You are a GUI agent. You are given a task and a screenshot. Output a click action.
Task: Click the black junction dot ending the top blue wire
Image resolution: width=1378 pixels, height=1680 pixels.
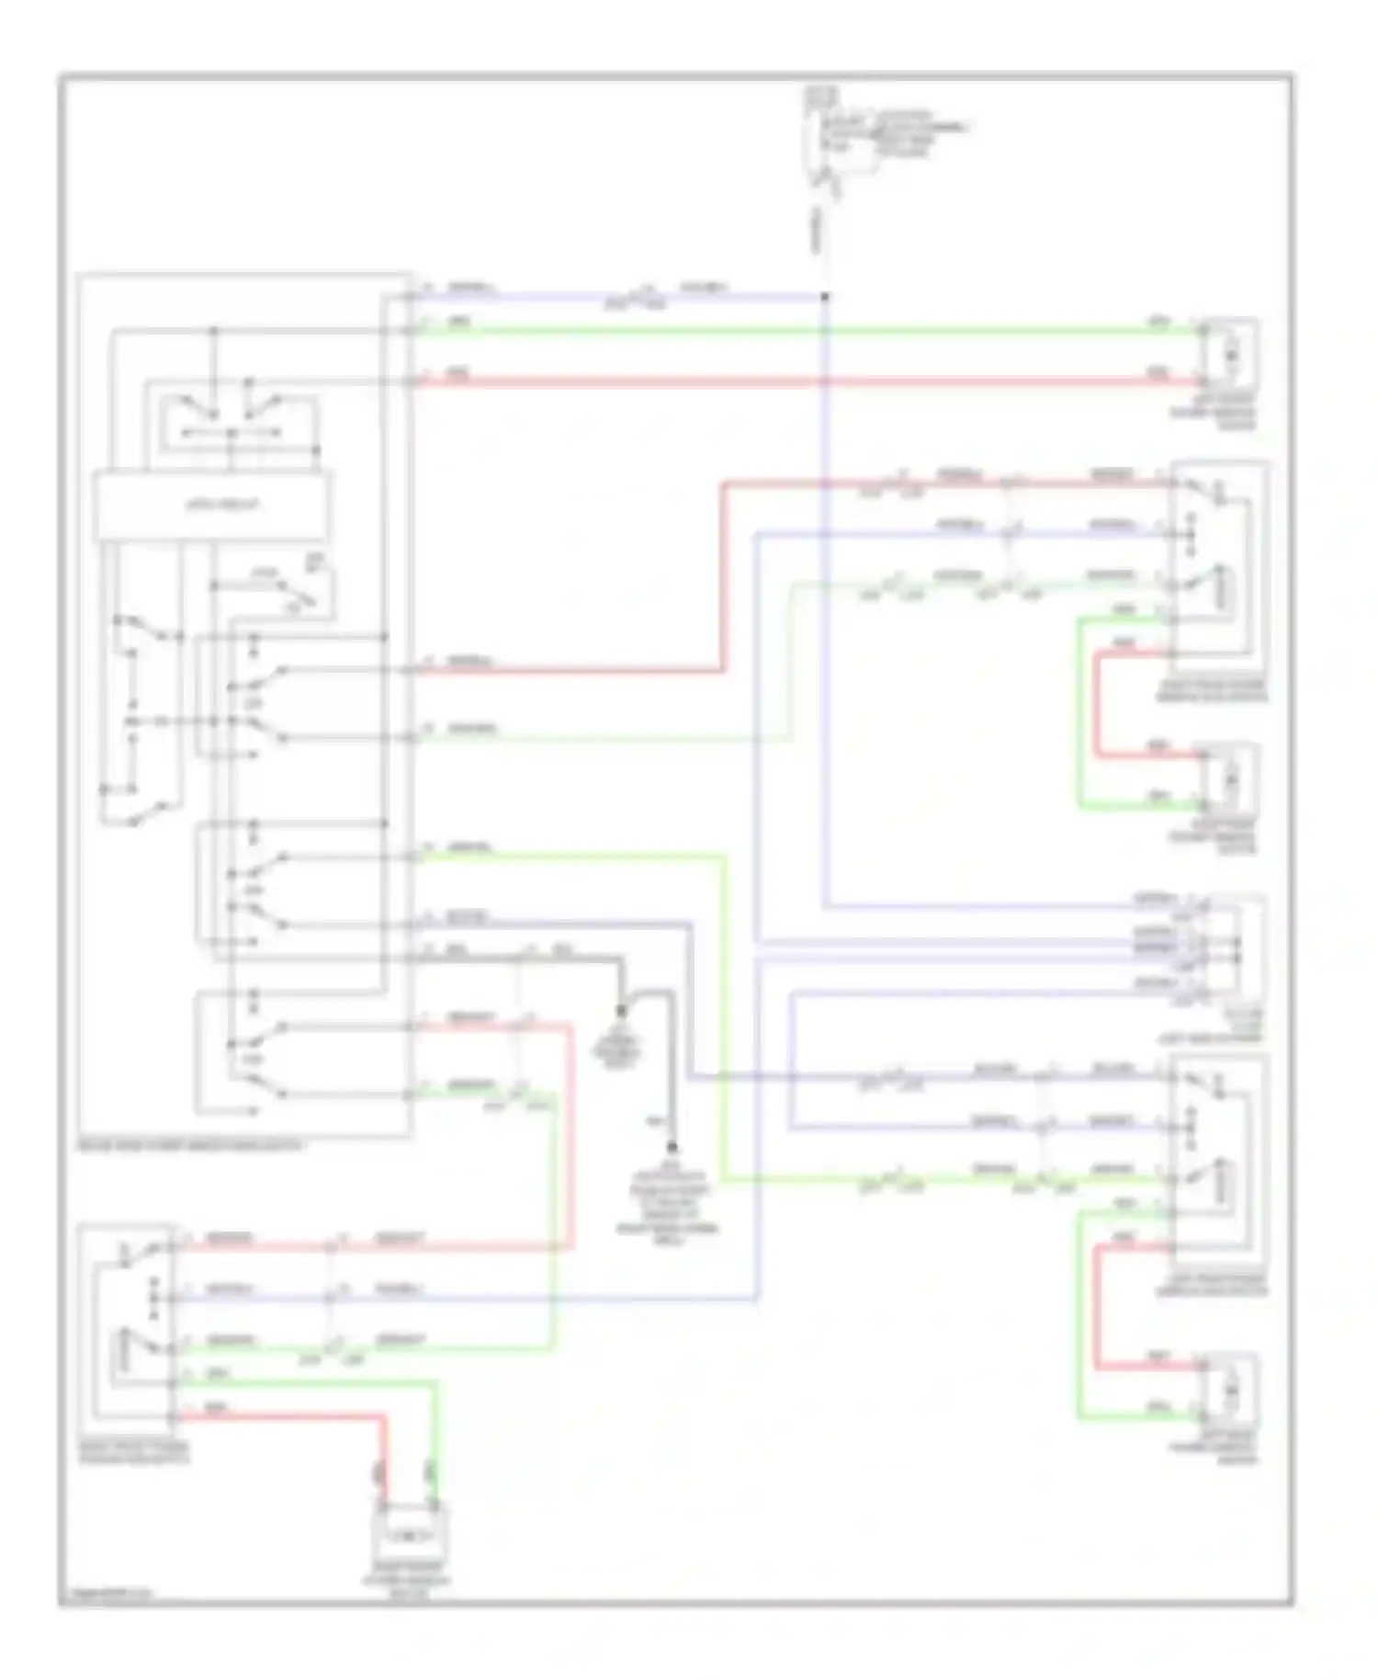(824, 297)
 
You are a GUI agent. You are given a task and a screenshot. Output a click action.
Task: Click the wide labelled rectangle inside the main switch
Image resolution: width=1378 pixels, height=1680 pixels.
(213, 505)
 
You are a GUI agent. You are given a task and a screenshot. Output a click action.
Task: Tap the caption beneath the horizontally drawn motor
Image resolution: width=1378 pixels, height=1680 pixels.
(408, 1578)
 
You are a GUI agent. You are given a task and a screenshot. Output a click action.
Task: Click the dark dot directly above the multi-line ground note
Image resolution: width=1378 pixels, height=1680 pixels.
(672, 1147)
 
